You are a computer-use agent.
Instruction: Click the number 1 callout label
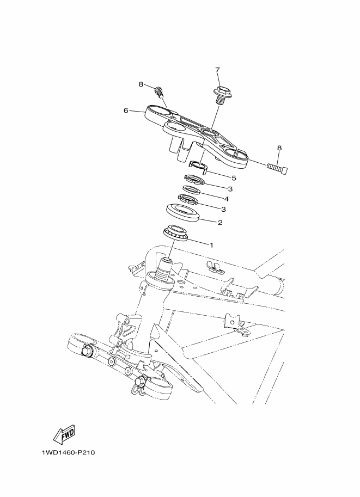[x=212, y=245]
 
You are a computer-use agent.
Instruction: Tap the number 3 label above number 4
[x=215, y=189]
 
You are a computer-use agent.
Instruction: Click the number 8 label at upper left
[x=141, y=84]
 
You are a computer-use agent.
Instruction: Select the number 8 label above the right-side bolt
[x=279, y=148]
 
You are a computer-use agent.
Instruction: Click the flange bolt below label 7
[x=223, y=95]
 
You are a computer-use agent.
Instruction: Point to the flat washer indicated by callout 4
[x=191, y=190]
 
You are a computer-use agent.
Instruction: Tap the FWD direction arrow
[x=63, y=435]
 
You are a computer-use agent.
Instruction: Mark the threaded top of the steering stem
[x=164, y=267]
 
